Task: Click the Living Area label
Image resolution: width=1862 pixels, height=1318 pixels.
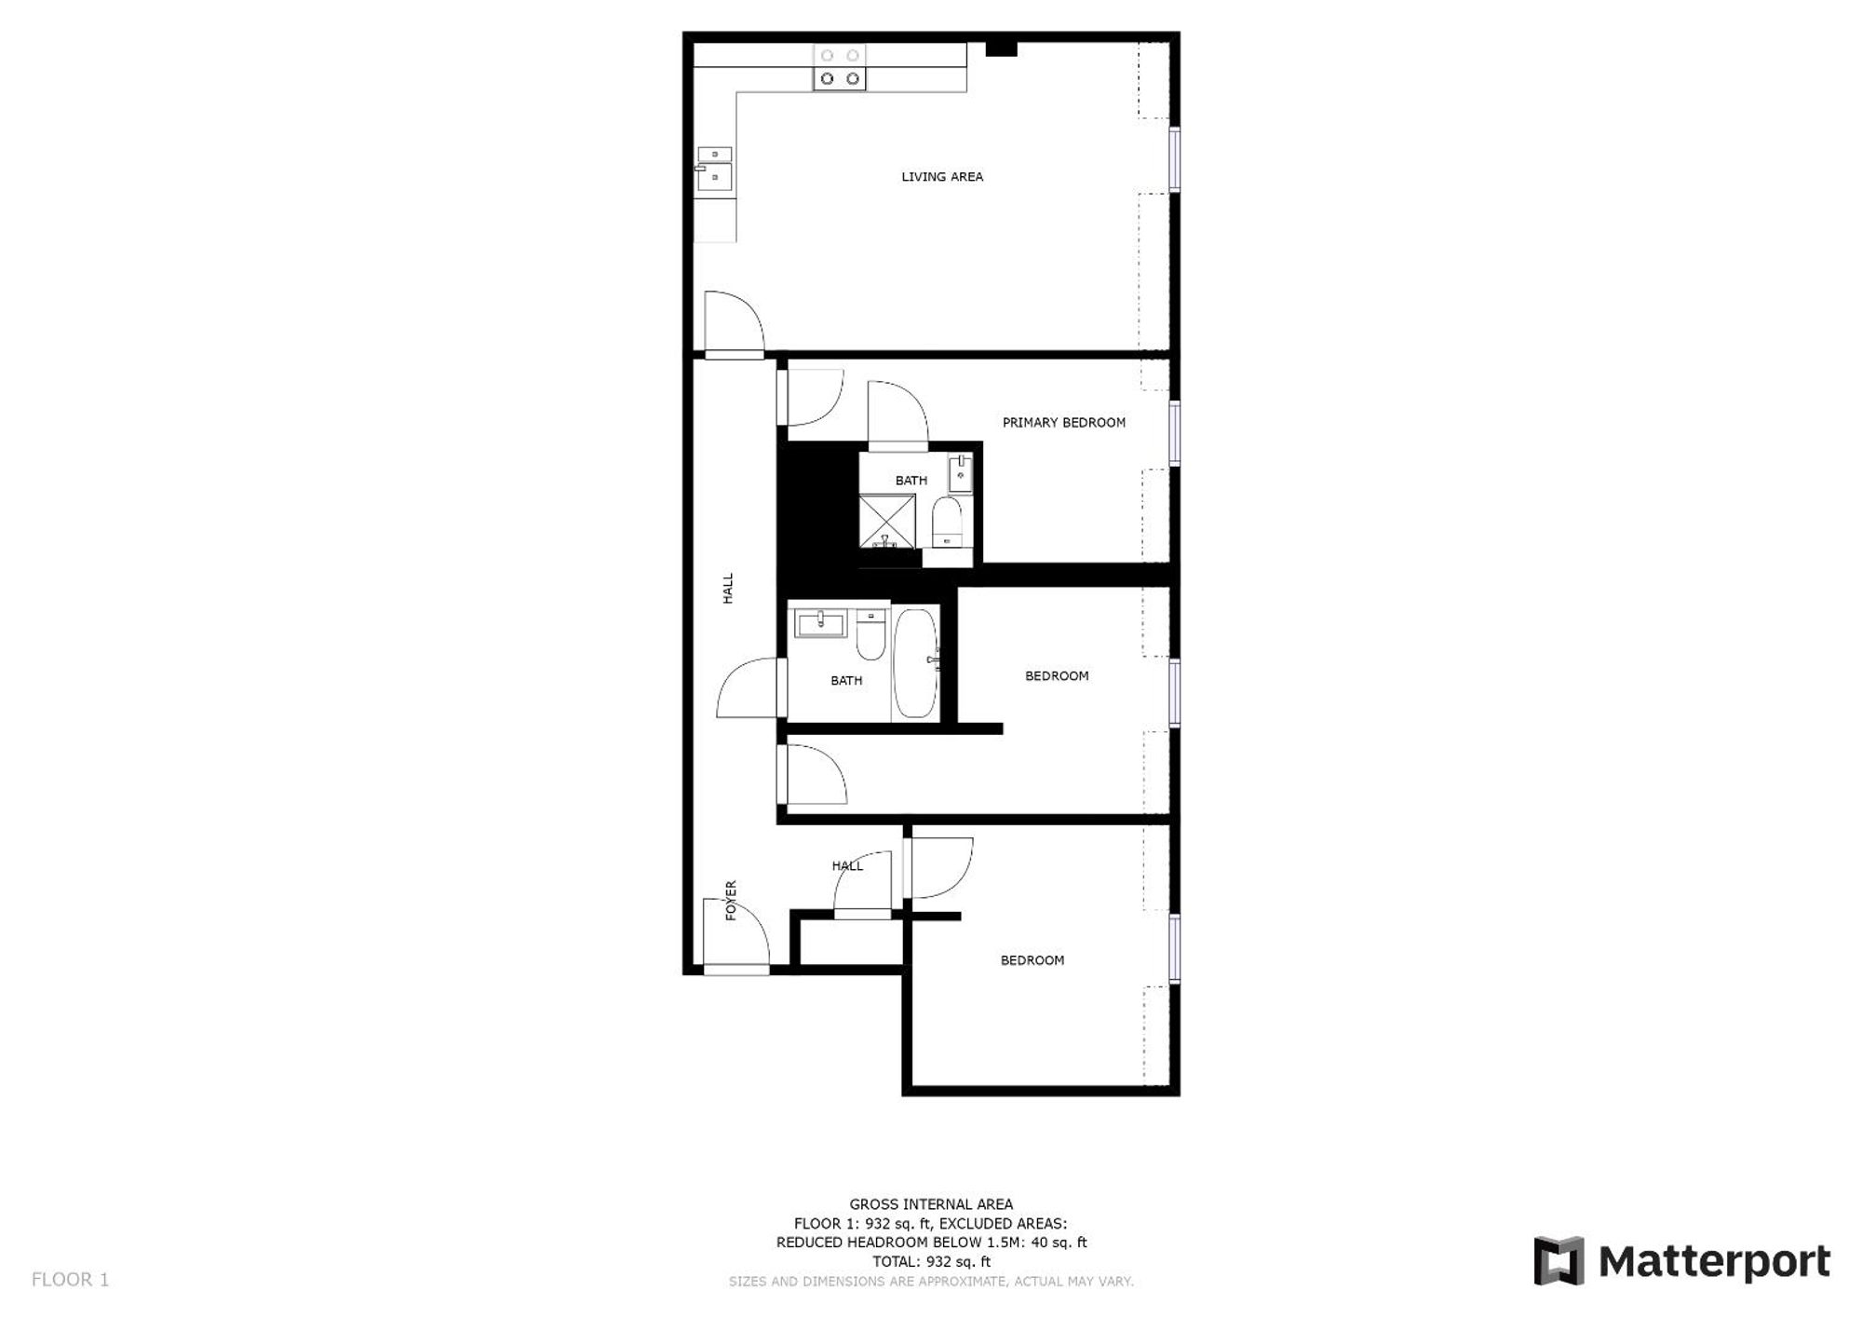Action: [942, 177]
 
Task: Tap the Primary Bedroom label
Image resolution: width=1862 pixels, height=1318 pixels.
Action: [1064, 423]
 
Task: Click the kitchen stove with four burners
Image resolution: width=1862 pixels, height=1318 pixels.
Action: [840, 68]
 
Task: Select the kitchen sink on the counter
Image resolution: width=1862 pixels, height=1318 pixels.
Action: [714, 168]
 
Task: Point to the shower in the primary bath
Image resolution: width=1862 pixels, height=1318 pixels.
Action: [886, 523]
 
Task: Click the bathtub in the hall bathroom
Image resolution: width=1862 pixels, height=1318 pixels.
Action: [916, 663]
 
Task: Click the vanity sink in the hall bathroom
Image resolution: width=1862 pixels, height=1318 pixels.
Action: [820, 622]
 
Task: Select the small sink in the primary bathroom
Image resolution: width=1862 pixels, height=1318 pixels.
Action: [961, 474]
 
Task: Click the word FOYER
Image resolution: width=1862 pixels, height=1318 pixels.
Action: [731, 901]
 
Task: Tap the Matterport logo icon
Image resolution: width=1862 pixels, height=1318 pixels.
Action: [1558, 1261]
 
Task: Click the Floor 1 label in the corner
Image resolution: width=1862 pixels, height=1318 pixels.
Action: [71, 1280]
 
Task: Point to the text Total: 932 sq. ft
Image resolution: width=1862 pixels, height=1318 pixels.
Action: [931, 1262]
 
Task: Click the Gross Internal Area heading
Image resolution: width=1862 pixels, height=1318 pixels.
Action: [931, 1204]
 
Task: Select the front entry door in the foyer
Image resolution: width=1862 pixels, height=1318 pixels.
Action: [735, 936]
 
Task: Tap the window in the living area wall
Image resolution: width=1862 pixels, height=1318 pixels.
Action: [1175, 159]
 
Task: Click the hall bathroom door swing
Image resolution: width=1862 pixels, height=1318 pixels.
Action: [748, 687]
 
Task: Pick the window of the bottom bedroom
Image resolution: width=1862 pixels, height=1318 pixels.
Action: [1175, 949]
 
